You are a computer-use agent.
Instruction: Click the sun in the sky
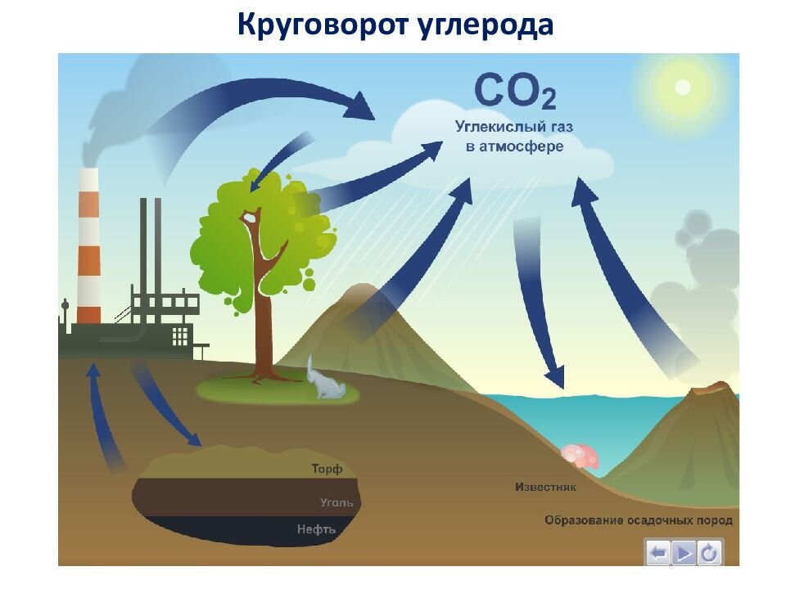[682, 87]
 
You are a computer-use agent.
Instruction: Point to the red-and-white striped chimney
[88, 245]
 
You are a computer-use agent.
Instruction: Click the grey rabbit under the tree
[324, 381]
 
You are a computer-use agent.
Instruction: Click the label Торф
[326, 470]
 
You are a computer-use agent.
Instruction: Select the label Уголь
[336, 502]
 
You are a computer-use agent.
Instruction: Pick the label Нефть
[317, 529]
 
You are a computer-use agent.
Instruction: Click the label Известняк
[546, 488]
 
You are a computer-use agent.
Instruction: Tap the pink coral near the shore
[581, 456]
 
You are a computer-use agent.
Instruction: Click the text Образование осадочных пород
[639, 520]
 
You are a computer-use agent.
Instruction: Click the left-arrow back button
[657, 554]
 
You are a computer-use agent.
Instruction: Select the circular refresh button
[709, 554]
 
